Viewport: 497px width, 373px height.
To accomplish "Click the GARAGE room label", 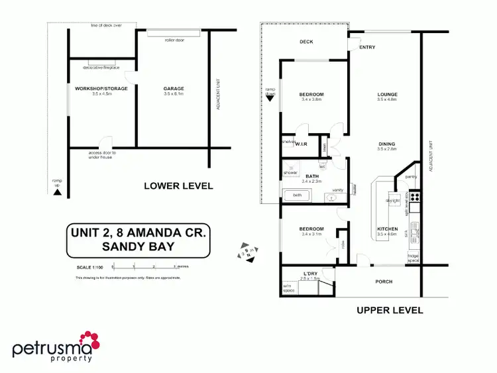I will [174, 88].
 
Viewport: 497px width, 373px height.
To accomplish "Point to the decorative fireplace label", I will [101, 68].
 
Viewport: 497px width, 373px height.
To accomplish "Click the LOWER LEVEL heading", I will [178, 186].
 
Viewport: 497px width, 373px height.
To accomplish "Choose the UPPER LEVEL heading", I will [390, 310].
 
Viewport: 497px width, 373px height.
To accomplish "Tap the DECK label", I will [306, 42].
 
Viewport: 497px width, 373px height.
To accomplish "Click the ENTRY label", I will [367, 48].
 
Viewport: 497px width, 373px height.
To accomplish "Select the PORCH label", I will [384, 282].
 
